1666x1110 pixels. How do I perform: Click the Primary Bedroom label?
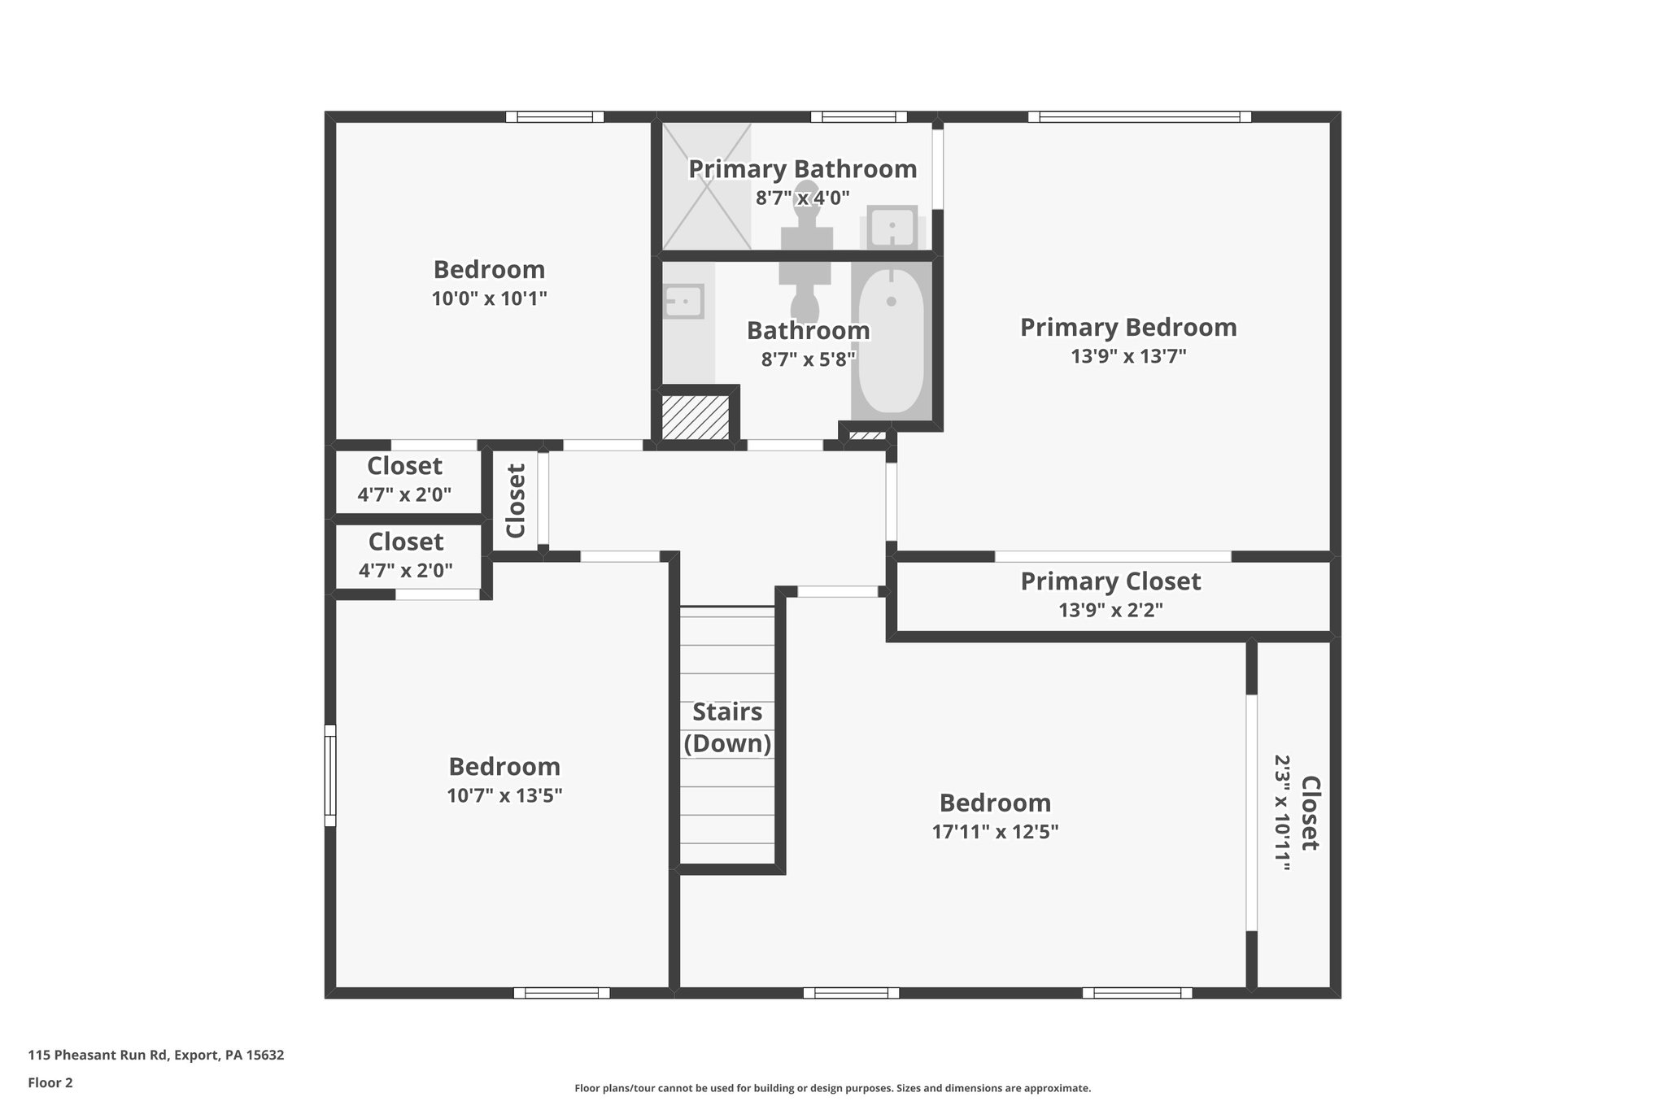(x=1128, y=328)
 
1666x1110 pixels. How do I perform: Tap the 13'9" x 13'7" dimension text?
(x=1128, y=356)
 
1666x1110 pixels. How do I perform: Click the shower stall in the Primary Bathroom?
(x=706, y=186)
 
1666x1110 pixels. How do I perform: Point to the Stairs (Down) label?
(x=727, y=728)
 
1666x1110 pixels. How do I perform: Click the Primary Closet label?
(x=1110, y=581)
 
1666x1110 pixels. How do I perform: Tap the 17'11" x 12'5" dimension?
(x=995, y=832)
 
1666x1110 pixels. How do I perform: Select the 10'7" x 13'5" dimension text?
(x=504, y=795)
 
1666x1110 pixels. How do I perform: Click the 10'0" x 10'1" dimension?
(x=489, y=298)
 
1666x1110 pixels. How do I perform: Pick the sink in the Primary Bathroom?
(x=892, y=226)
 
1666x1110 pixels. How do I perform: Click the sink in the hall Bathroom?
(x=683, y=302)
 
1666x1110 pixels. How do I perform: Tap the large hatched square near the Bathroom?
(x=695, y=416)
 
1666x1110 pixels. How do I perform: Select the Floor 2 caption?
(x=50, y=1082)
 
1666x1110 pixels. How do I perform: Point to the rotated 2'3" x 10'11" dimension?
(x=1282, y=813)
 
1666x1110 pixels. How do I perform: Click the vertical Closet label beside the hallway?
(x=517, y=500)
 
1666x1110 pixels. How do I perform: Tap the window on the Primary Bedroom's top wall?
(x=1139, y=117)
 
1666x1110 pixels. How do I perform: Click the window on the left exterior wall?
(x=330, y=775)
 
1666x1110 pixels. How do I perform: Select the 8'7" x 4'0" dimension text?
(x=802, y=198)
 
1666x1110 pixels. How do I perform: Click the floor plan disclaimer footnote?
(x=832, y=1088)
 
